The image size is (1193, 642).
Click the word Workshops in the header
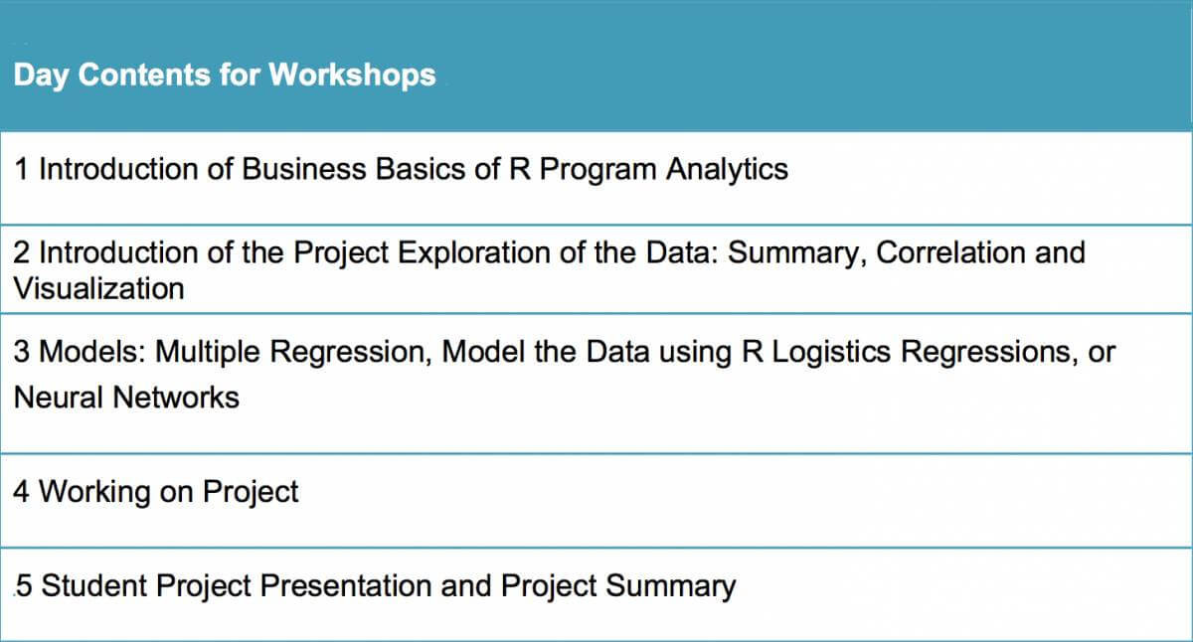(x=352, y=75)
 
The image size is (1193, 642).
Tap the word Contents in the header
(x=144, y=75)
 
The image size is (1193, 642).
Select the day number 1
(x=21, y=169)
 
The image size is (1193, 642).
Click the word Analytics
(x=727, y=170)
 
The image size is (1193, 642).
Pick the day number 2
(x=21, y=252)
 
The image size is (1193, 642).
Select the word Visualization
(x=99, y=288)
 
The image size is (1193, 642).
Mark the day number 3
(x=21, y=352)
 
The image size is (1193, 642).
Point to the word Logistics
(x=831, y=353)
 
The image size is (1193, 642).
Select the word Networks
(x=176, y=398)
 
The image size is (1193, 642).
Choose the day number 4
(x=21, y=491)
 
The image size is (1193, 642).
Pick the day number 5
(x=24, y=585)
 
